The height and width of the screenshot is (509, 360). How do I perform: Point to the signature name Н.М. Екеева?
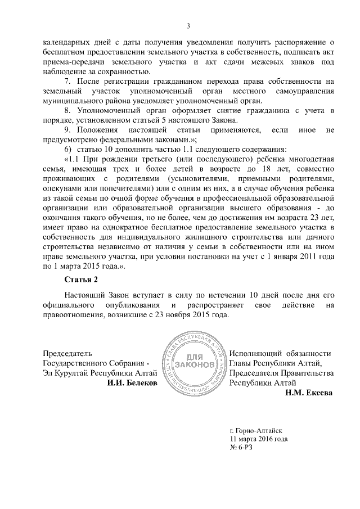[x=309, y=393]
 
